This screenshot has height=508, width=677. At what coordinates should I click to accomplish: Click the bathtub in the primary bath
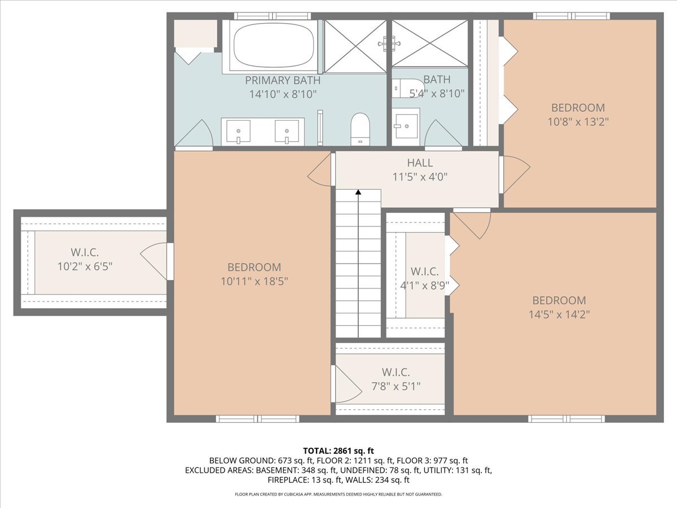[274, 46]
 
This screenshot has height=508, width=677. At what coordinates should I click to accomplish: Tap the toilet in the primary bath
[361, 129]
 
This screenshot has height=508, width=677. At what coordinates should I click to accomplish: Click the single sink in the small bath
[406, 126]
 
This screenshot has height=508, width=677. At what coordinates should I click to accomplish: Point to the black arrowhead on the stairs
[358, 192]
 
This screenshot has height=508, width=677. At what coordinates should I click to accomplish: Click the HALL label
[420, 163]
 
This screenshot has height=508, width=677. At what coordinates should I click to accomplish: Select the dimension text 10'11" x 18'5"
[254, 281]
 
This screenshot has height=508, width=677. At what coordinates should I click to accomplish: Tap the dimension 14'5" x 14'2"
[559, 314]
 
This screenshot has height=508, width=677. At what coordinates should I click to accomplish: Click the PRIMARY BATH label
[283, 81]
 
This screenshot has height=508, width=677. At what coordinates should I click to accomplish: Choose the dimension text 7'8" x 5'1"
[396, 386]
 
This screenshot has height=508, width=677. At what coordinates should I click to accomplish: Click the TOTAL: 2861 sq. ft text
[338, 451]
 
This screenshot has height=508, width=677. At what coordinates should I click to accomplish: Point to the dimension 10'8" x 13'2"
[578, 122]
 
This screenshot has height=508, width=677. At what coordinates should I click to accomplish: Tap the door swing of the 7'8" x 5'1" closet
[348, 384]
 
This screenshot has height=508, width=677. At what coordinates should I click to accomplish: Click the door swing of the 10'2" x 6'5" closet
[153, 261]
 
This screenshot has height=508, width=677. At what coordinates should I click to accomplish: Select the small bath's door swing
[443, 133]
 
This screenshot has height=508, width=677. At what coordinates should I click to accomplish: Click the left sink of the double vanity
[238, 131]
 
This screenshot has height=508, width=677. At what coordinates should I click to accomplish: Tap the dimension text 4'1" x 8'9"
[425, 286]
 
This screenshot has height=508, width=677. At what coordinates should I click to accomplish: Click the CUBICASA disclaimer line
[338, 494]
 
